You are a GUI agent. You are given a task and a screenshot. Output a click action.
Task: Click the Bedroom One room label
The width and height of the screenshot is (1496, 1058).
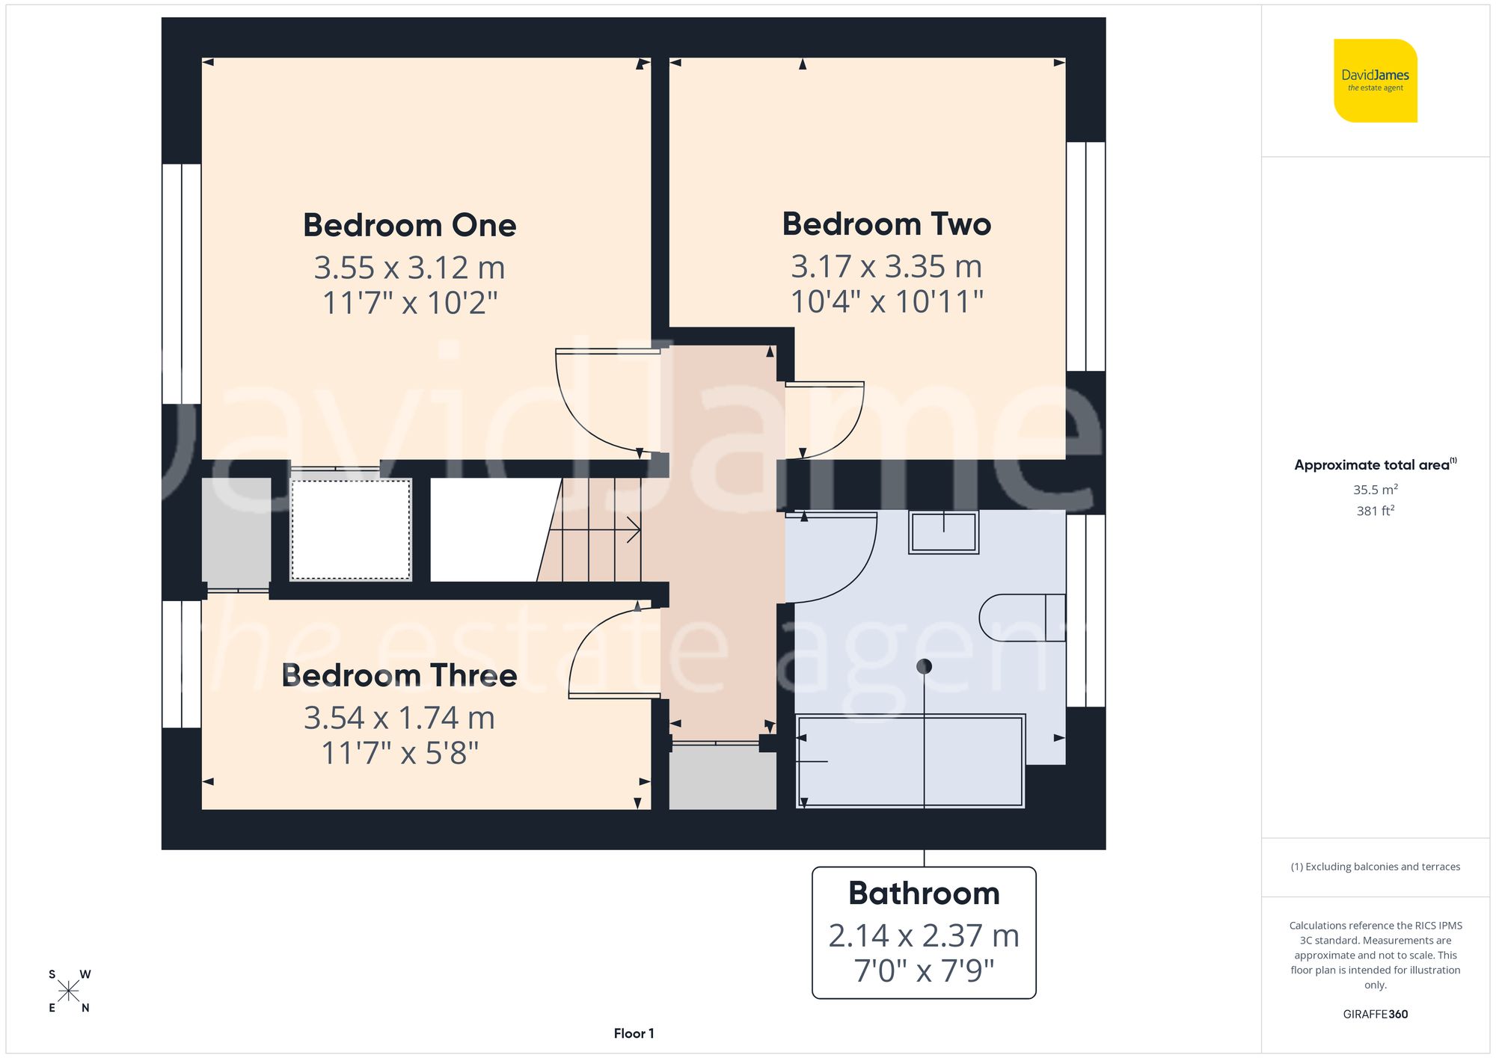[409, 225]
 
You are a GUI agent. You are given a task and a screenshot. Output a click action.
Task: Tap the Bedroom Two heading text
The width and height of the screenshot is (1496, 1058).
[886, 224]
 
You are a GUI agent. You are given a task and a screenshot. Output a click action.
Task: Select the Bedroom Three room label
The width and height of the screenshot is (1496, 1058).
[399, 675]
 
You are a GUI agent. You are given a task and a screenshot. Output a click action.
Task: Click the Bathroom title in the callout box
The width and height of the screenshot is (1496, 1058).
[924, 893]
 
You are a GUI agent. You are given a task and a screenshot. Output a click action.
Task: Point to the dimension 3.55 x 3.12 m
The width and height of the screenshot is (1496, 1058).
[409, 268]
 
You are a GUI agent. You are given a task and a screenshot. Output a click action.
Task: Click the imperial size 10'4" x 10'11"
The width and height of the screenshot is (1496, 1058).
[886, 301]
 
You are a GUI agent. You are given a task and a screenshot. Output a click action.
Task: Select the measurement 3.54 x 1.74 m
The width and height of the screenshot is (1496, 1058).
[399, 718]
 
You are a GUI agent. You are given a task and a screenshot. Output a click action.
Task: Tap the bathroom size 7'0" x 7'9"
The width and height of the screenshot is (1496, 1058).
[924, 971]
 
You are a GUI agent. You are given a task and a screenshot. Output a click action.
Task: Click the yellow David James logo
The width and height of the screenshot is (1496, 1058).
[1375, 81]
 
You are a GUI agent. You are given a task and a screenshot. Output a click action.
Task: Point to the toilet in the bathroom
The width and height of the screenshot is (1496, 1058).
[1021, 618]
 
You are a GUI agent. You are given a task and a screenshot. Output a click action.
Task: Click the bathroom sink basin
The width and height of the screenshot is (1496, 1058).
[943, 532]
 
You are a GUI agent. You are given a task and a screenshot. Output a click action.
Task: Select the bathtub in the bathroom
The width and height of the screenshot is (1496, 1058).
[910, 761]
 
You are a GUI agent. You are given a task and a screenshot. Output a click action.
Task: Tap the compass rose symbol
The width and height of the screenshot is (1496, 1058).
[68, 991]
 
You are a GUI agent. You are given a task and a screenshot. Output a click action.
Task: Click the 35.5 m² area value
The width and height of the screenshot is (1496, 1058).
[1375, 490]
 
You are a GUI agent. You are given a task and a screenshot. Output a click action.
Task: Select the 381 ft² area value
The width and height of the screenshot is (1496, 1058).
[1375, 511]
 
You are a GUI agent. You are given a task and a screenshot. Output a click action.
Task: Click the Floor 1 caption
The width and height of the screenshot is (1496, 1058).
[634, 1033]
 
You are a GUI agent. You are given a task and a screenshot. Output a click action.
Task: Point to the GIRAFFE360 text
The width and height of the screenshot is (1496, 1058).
[1375, 1014]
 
